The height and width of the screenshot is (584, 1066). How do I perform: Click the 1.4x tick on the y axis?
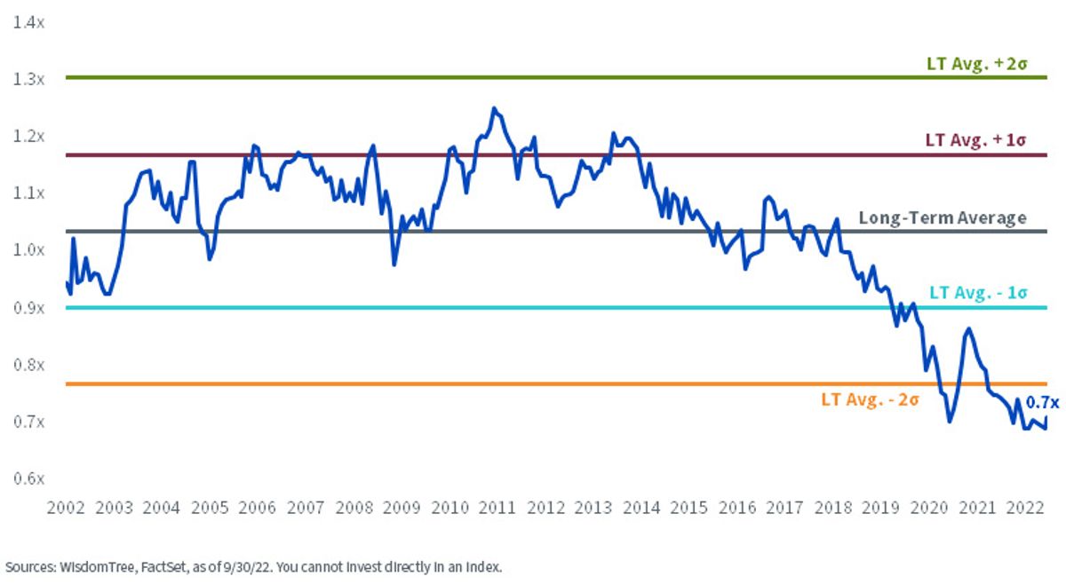click(x=28, y=22)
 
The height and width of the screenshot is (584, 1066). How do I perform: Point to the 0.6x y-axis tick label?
click(x=28, y=478)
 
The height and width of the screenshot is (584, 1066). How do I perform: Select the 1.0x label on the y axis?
click(x=28, y=249)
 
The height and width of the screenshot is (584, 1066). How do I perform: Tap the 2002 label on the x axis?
click(x=66, y=508)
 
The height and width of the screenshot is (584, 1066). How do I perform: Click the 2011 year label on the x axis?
click(x=497, y=508)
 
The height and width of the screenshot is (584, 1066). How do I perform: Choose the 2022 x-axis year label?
click(x=1025, y=508)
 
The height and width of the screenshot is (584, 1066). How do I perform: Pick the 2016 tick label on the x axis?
click(x=737, y=508)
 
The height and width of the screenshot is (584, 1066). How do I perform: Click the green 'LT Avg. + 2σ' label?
click(x=976, y=64)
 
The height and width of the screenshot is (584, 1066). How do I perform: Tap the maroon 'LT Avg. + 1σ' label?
click(x=975, y=140)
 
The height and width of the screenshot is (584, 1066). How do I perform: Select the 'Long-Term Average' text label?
click(x=943, y=217)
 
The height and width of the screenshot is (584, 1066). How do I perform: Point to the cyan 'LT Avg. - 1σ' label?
click(x=978, y=293)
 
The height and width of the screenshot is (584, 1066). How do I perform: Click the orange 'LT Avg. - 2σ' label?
click(x=870, y=399)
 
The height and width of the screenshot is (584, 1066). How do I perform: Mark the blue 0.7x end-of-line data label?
click(x=1042, y=403)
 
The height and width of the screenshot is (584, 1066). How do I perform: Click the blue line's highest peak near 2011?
click(x=494, y=108)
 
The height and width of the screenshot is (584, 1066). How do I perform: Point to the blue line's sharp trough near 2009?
click(x=394, y=264)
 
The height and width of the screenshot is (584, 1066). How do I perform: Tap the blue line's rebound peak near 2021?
click(x=968, y=328)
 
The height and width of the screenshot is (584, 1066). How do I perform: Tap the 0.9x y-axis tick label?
click(x=28, y=308)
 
